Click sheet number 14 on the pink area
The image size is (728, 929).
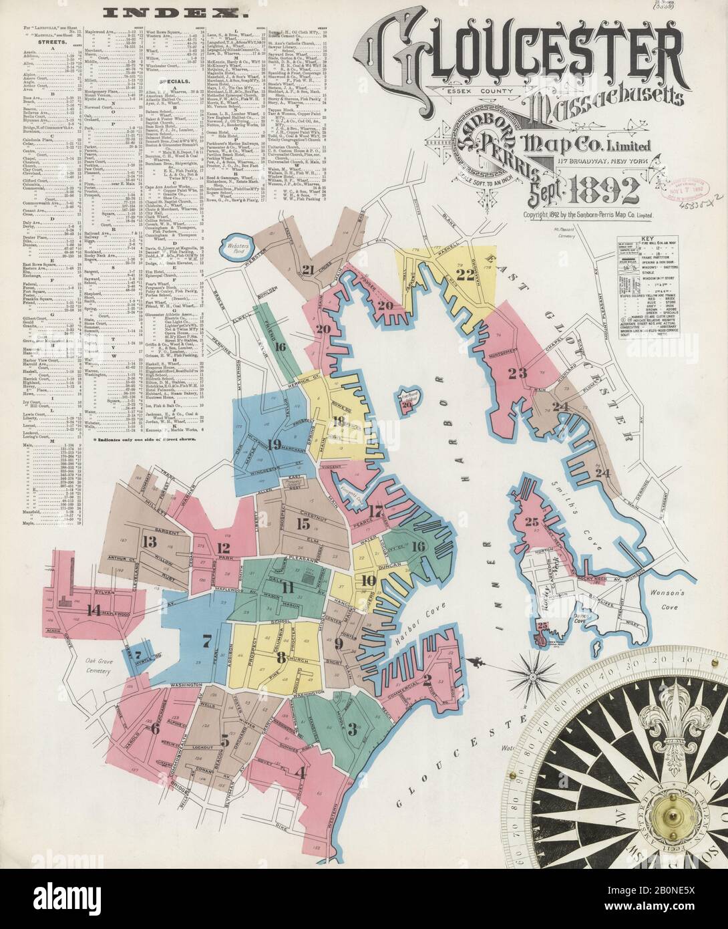(x=93, y=609)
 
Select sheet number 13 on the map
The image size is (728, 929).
(x=148, y=541)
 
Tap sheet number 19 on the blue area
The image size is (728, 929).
(x=272, y=443)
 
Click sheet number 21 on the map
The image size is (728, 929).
(x=307, y=270)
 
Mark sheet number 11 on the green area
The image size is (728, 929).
(x=289, y=587)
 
